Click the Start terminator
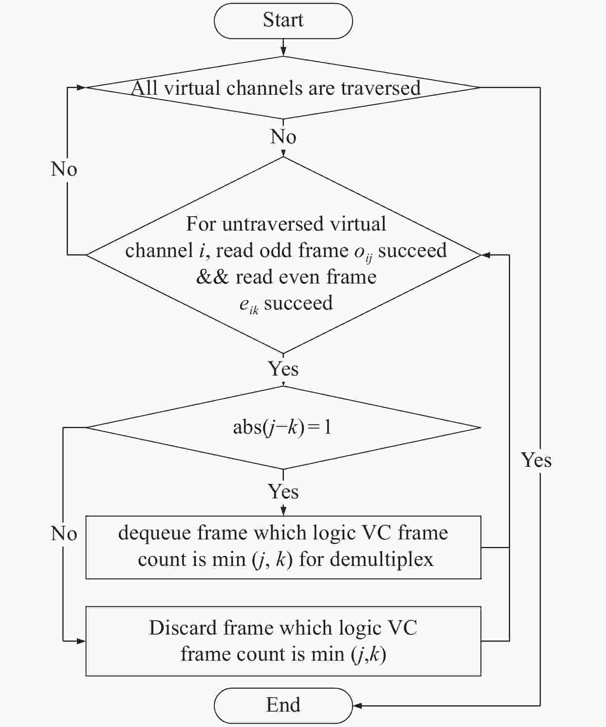(x=283, y=21)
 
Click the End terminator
(x=283, y=705)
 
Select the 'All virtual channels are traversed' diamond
(x=283, y=88)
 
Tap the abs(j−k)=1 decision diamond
(x=283, y=427)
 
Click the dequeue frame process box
(x=283, y=547)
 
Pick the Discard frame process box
(x=283, y=641)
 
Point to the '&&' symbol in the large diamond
(x=212, y=277)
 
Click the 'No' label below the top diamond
(x=283, y=137)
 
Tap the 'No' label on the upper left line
(x=64, y=169)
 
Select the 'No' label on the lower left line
(x=64, y=534)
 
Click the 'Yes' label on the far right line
(x=536, y=460)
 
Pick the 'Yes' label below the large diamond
(x=283, y=368)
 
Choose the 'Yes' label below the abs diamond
(x=283, y=492)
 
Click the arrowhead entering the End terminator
(x=357, y=706)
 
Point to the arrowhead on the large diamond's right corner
(x=486, y=255)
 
